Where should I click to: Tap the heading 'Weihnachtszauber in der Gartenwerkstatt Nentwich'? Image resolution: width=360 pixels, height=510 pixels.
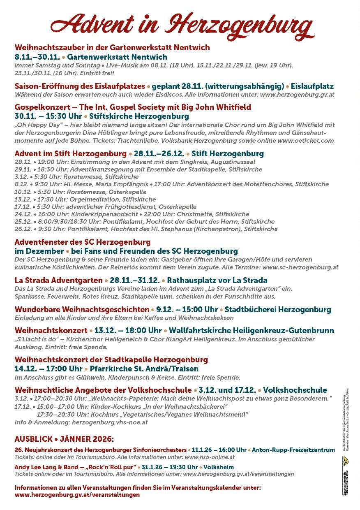coord(112,47)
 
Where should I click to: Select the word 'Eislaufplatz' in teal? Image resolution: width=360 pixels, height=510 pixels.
coord(312,86)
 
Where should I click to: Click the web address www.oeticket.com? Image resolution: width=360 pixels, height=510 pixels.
coord(305,141)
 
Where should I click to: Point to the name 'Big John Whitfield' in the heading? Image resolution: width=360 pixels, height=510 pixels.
coord(218,107)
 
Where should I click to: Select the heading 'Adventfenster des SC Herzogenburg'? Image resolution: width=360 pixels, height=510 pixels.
coord(83,242)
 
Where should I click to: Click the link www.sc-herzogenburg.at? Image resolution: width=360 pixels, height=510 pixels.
coord(300,267)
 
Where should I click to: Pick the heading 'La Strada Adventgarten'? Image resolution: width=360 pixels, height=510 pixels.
coord(59,280)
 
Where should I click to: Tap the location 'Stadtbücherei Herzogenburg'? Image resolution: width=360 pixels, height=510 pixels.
coord(278,310)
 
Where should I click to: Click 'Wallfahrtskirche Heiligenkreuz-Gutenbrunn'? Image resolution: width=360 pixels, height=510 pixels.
coord(251,331)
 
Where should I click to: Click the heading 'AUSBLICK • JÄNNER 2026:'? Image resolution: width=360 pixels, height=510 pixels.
coord(65,439)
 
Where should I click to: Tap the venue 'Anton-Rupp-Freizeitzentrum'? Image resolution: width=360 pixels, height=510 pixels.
coord(293,450)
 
